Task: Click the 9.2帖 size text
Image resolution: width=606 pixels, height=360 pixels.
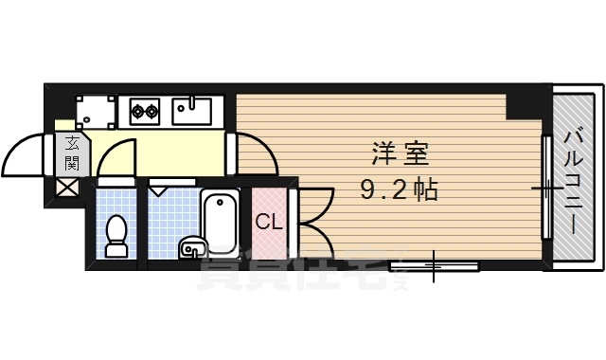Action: (398, 190)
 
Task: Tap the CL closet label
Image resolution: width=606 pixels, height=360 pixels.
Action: (268, 224)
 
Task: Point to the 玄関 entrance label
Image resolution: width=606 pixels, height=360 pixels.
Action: (72, 153)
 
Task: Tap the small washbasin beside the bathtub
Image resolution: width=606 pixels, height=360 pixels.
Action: (190, 248)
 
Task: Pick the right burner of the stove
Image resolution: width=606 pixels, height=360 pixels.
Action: (151, 112)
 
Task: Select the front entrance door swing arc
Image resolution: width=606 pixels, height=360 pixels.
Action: (27, 154)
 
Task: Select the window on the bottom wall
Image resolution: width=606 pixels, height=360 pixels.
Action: (435, 265)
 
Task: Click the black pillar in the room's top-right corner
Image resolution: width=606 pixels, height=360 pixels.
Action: (524, 104)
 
